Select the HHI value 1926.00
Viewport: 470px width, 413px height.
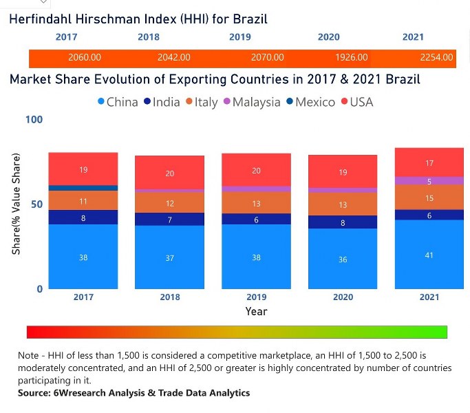(351, 58)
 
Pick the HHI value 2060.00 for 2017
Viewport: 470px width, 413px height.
(85, 58)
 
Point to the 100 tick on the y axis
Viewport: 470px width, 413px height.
(34, 120)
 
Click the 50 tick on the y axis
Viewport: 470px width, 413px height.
(37, 204)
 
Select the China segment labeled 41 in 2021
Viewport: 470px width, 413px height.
(429, 255)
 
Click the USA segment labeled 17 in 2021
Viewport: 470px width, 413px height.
(429, 163)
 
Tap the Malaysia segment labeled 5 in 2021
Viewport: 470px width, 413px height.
(429, 181)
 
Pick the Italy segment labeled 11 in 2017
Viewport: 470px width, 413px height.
(83, 201)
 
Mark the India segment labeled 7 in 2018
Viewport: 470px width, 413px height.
(170, 220)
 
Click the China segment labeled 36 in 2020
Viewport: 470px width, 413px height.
(343, 260)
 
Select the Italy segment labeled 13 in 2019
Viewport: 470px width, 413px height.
(256, 203)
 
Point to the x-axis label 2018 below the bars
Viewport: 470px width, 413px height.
(170, 297)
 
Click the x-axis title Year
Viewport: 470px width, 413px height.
(256, 311)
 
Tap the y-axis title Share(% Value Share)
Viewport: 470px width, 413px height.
(16, 204)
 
